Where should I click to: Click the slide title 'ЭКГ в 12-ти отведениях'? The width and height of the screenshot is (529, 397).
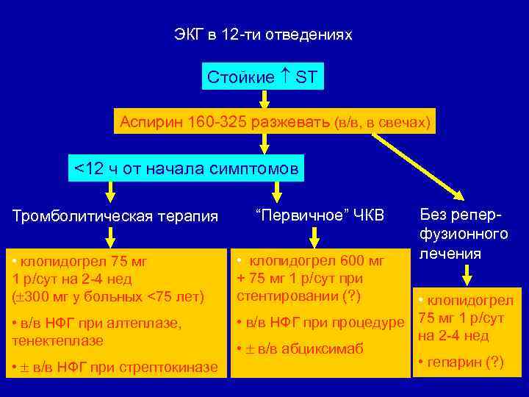[263, 35]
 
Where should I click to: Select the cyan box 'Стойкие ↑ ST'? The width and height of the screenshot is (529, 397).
[262, 77]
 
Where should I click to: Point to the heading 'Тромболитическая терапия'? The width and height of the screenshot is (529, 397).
[115, 216]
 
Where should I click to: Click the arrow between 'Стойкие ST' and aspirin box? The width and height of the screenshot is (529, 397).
[263, 100]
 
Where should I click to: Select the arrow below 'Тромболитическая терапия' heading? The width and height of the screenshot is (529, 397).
[110, 236]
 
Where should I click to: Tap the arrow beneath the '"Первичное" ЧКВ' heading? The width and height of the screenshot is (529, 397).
[314, 236]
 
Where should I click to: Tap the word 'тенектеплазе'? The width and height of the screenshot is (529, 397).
[57, 340]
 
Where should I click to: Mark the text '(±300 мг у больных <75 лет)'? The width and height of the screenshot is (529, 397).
[108, 297]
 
